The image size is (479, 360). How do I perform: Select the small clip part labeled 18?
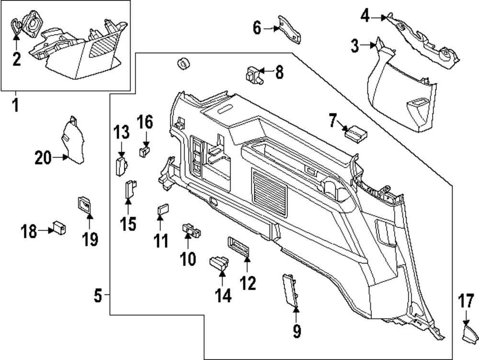(59, 227)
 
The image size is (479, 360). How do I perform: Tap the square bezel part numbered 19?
(84, 205)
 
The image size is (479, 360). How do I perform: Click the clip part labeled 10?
(191, 230)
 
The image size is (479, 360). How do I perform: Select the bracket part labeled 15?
(130, 190)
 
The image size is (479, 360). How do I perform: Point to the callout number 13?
(122, 131)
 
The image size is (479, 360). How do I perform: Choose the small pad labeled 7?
(356, 131)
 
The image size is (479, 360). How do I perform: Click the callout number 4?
(365, 17)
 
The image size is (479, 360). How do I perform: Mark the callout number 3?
(354, 46)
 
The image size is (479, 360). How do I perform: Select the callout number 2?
(17, 60)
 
